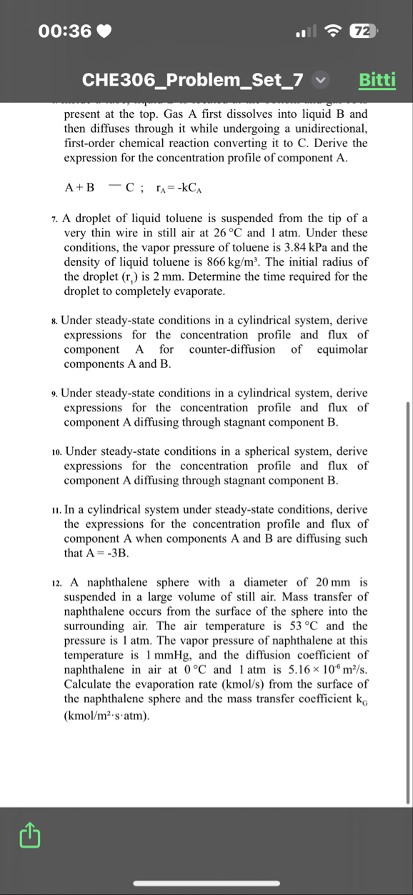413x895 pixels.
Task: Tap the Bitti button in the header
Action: point(377,79)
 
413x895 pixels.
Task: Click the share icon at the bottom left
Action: point(29,833)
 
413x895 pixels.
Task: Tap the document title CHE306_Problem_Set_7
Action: point(193,79)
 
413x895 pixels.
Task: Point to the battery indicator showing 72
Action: point(362,31)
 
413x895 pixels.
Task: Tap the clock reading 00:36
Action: point(66,31)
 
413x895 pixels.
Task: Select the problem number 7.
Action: point(55,219)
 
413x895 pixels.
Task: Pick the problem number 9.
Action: point(55,394)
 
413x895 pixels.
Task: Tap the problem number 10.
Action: point(56,452)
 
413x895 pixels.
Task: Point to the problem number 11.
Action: point(56,510)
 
